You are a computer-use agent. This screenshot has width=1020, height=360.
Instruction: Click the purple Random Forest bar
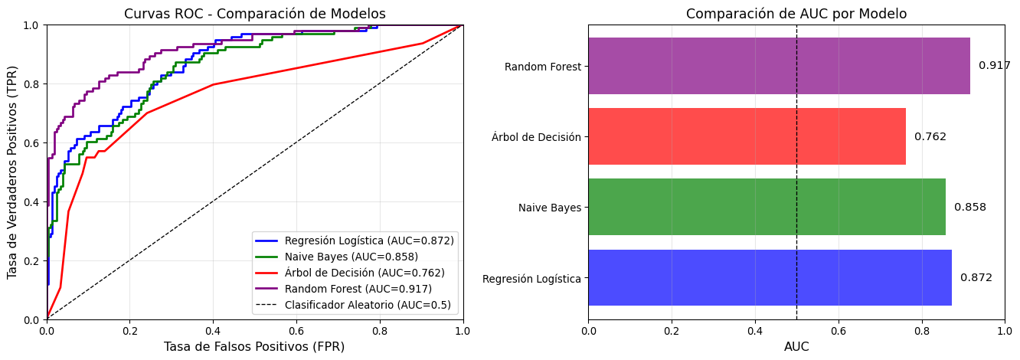[x=779, y=66]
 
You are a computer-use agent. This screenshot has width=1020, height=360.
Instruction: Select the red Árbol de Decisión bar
[x=747, y=136]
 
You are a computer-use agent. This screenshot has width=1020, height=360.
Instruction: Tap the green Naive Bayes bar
[x=767, y=207]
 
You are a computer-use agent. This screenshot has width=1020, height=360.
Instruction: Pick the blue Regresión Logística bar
[x=770, y=277]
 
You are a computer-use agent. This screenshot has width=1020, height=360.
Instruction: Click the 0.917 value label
[x=994, y=66]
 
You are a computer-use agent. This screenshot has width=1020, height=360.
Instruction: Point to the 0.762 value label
[x=930, y=136]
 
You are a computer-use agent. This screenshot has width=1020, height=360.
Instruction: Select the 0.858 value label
[x=969, y=207]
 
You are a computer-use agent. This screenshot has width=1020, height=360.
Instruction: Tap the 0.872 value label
[x=976, y=277]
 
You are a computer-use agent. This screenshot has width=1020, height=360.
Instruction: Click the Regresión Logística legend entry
[x=369, y=241]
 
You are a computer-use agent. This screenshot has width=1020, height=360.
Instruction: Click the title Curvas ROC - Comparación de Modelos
[x=255, y=14]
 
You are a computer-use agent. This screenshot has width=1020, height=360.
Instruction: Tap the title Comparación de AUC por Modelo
[x=796, y=14]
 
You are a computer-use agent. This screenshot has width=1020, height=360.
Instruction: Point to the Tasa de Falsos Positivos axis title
[x=253, y=346]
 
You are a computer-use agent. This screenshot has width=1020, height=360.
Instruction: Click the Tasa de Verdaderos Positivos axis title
[x=12, y=172]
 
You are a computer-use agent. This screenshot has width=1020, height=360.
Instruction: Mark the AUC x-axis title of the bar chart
[x=796, y=346]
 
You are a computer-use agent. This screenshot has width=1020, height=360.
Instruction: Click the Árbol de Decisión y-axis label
[x=536, y=137]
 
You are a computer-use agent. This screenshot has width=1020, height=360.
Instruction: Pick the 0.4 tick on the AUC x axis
[x=755, y=332]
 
